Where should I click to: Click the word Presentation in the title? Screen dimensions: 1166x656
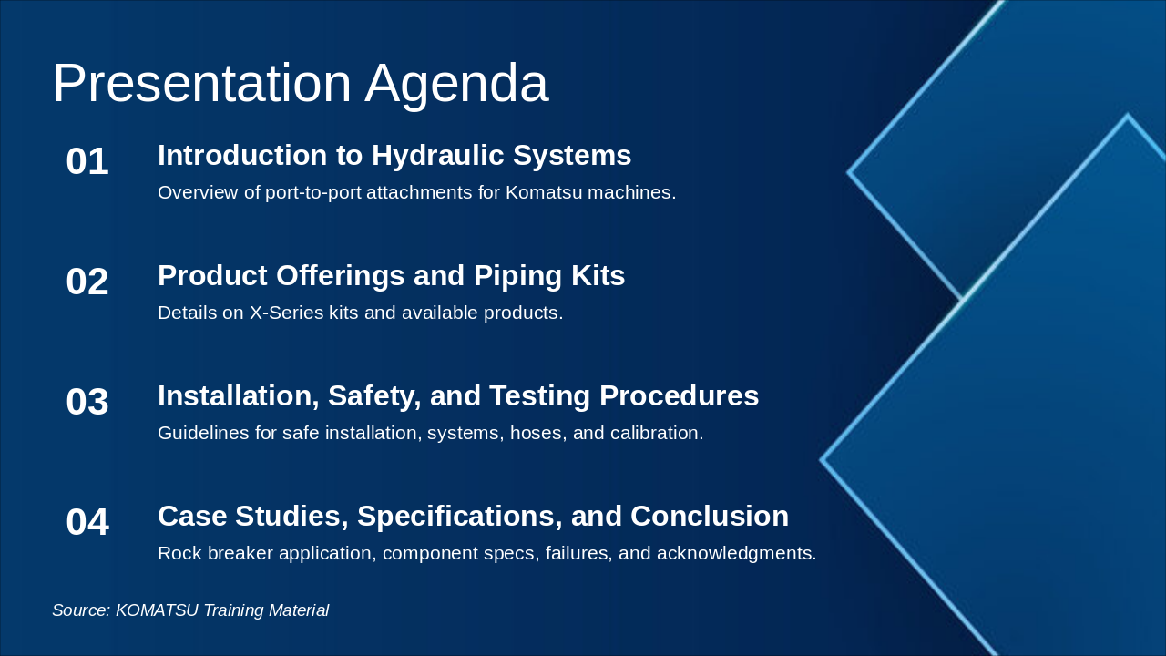point(202,83)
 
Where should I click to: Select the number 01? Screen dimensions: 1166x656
point(87,161)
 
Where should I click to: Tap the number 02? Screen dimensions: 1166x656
point(87,282)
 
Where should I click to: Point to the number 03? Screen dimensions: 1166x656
point(87,402)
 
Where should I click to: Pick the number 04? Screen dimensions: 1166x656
point(87,522)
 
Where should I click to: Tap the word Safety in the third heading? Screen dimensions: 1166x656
point(374,396)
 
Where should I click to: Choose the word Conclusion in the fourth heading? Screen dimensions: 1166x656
point(710,516)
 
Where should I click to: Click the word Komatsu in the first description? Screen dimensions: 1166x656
point(544,192)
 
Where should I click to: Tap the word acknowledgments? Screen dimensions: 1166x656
point(737,553)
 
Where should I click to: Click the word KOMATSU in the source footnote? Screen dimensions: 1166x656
point(157,610)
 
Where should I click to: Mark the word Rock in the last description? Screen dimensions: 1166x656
point(179,553)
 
